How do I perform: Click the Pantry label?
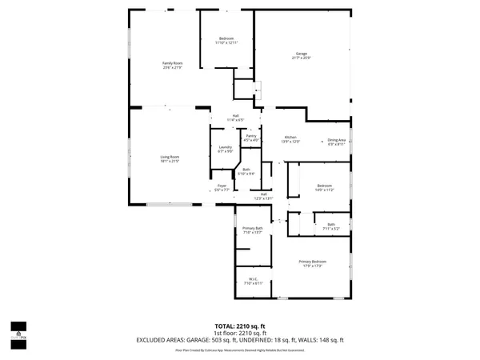click(251, 137)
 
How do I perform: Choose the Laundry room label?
click(225, 147)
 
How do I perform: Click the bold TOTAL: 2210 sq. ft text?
click(240, 326)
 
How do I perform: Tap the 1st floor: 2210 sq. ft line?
click(240, 333)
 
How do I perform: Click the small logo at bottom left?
click(17, 328)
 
